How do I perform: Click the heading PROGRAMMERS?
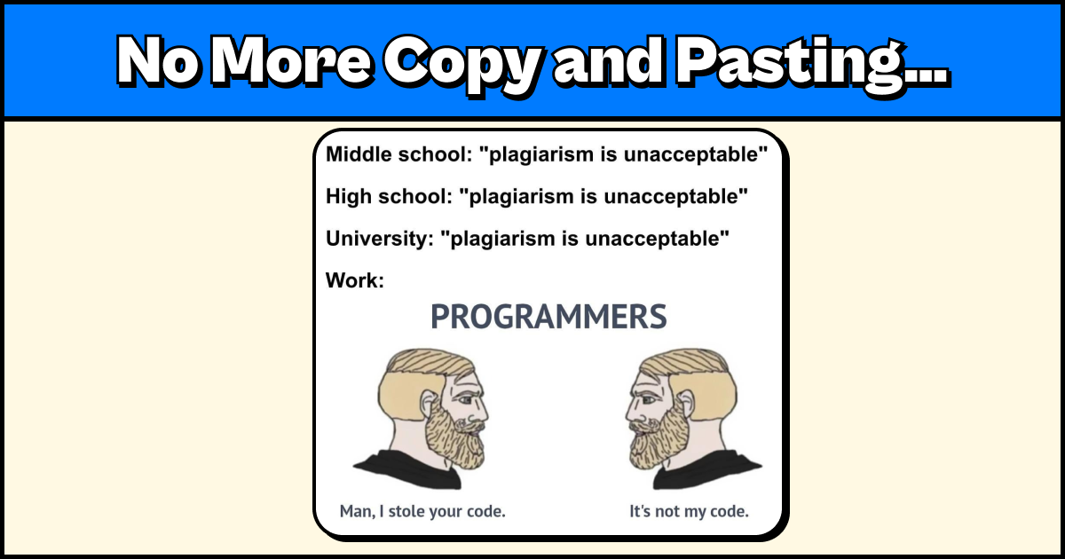point(548,317)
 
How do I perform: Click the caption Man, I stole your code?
point(422,512)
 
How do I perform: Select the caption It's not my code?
point(689,512)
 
